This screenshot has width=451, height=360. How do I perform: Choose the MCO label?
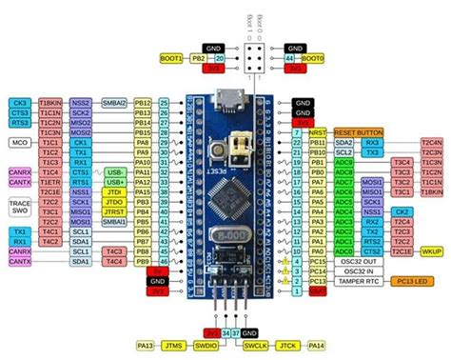click(x=17, y=142)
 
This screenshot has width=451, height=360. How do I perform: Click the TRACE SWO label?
click(x=19, y=207)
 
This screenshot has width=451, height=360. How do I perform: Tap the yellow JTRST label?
click(x=114, y=210)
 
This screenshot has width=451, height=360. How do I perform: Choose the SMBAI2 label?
click(x=115, y=102)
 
